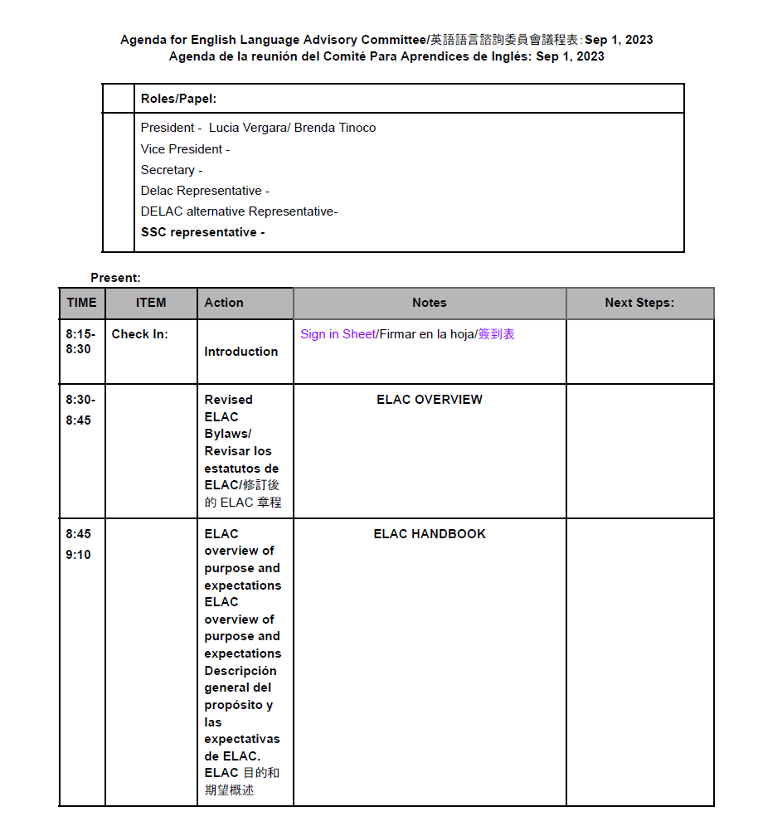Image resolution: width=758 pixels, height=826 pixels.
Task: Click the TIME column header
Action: point(81,303)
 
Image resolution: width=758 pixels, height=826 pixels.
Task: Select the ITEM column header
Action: point(151,303)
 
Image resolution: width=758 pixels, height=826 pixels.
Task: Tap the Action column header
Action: point(224,303)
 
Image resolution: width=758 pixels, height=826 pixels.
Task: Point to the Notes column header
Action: point(429,304)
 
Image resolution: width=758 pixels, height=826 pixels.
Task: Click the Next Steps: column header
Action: point(639,304)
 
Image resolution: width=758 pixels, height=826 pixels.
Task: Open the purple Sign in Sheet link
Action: point(338,334)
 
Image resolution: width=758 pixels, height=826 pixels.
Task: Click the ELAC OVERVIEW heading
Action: point(429,400)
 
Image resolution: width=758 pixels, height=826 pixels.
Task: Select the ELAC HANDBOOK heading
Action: point(429,534)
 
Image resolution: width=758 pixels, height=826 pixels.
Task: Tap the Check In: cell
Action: point(139,334)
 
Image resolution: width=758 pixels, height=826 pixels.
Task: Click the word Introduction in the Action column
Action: point(241,352)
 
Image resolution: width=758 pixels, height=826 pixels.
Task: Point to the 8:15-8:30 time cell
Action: point(80,342)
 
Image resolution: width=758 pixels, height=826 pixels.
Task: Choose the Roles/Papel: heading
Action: point(178,99)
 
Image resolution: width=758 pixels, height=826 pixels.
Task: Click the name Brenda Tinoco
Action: point(334,128)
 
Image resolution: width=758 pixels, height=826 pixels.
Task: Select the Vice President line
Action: point(184,149)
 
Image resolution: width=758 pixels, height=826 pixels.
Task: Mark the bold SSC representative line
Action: point(202,232)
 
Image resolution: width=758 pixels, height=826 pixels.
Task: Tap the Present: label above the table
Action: point(115,278)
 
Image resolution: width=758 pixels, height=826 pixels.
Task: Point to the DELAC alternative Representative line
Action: point(239,211)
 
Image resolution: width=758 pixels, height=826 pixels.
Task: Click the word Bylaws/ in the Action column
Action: point(227,434)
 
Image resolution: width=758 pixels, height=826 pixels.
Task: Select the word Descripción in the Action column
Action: point(241,671)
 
